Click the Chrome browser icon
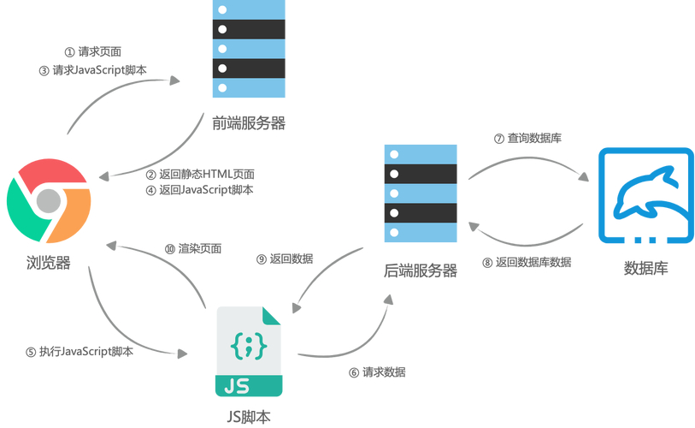coord(49,202)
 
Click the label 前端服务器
coord(249,123)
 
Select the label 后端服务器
coord(421,270)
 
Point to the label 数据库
coord(646,268)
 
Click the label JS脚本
coord(249,418)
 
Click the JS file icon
coord(249,352)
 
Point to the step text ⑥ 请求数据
coord(377,372)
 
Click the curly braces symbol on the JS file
coord(249,346)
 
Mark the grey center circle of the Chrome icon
coord(49,202)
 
